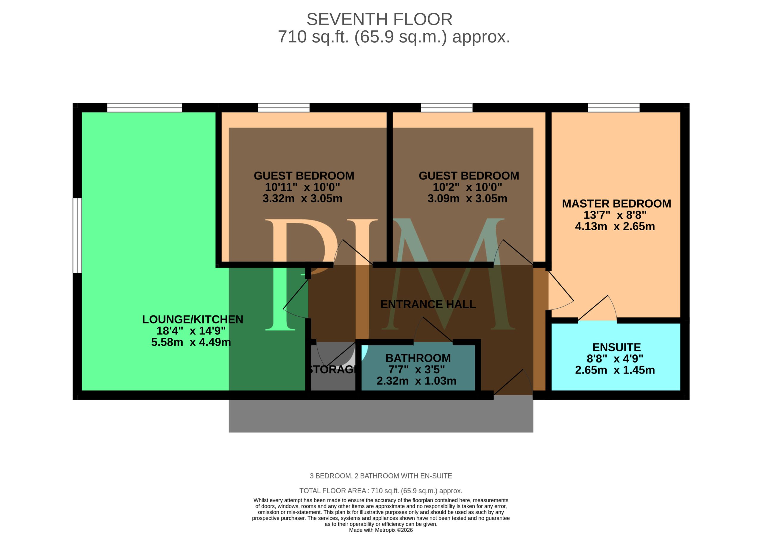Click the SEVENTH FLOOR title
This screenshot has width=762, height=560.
click(x=379, y=19)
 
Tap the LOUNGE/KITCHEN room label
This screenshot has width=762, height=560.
click(x=192, y=319)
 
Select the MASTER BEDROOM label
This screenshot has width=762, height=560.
click(x=616, y=203)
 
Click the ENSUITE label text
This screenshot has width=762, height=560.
click(x=616, y=347)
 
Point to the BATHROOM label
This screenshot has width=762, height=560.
click(x=418, y=358)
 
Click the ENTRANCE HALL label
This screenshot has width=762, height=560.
click(x=428, y=304)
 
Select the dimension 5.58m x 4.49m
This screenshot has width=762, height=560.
click(x=191, y=342)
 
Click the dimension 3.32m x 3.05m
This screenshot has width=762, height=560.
click(x=302, y=198)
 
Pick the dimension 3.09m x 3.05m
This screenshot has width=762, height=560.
click(x=467, y=198)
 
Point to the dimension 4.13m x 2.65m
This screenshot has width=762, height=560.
click(x=615, y=226)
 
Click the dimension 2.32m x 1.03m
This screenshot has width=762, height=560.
click(x=416, y=381)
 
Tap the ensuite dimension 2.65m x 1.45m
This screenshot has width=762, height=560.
click(x=615, y=370)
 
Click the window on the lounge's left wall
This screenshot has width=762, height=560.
click(x=77, y=236)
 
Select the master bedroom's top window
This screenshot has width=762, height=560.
click(x=614, y=108)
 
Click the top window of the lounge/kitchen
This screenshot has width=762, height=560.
click(x=145, y=108)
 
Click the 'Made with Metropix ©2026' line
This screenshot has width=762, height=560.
click(x=381, y=530)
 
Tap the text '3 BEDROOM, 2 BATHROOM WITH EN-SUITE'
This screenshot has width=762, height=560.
click(x=381, y=476)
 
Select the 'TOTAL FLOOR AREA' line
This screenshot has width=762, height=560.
click(x=381, y=491)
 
